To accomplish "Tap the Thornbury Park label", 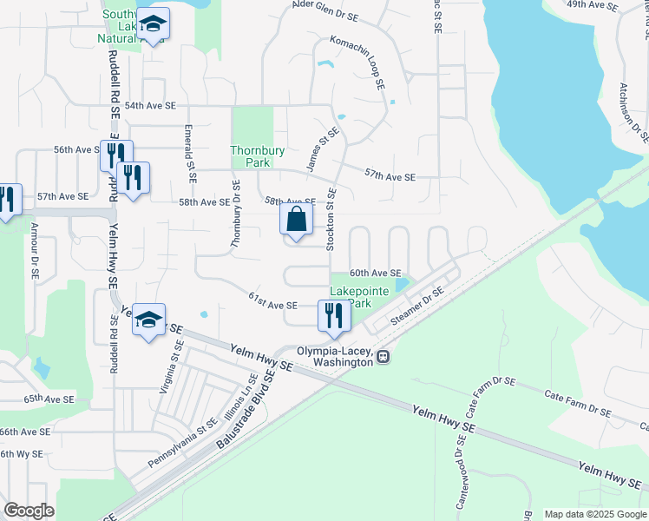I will click(x=257, y=156).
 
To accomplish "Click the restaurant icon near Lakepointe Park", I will click(x=333, y=315).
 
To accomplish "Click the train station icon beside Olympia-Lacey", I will click(x=383, y=355).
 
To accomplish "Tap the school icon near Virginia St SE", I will click(x=148, y=320).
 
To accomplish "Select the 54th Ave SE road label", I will click(x=150, y=106).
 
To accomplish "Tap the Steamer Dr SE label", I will click(x=417, y=307).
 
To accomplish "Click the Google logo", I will click(x=29, y=511).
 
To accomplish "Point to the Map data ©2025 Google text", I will click(x=594, y=514).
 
